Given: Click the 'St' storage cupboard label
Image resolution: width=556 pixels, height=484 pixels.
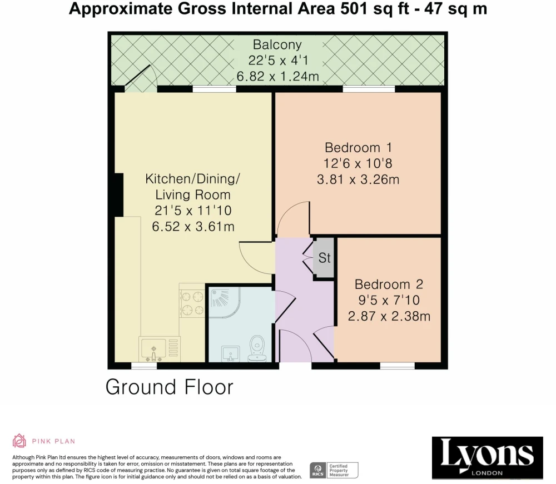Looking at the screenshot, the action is (325, 258).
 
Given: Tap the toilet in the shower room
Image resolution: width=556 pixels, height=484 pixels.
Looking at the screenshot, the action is (257, 348).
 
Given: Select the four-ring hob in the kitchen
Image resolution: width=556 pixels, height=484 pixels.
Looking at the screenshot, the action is (192, 303).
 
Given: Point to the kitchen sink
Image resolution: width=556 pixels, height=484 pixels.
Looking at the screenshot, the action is (153, 349).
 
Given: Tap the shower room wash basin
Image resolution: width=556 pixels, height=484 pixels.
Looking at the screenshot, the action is (231, 353).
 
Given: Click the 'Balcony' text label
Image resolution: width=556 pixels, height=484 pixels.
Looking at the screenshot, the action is (277, 44).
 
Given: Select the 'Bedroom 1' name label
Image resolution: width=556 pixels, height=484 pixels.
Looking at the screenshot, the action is (358, 147).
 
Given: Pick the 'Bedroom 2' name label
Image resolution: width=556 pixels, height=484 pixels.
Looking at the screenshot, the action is (389, 284).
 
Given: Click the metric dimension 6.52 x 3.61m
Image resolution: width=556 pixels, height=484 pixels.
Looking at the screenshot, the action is (193, 226).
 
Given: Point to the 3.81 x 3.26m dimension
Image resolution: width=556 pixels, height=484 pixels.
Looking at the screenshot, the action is (358, 179).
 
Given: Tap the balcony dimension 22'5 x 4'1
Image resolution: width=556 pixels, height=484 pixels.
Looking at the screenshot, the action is (277, 61).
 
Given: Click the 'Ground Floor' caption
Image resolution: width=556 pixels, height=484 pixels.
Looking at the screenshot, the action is (170, 387).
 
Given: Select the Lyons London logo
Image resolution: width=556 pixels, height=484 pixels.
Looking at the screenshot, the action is (487, 458).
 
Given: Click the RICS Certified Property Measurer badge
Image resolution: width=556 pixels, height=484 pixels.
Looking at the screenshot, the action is (334, 470).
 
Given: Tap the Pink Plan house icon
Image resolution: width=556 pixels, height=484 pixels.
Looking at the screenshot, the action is (19, 441).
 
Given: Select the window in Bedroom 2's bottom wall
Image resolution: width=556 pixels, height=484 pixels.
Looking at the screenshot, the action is (398, 366).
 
